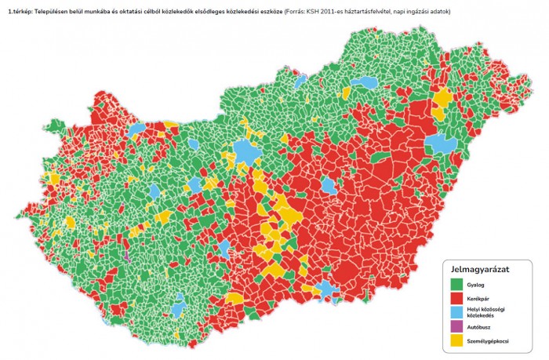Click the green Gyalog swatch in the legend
pyautogui.click(x=455, y=284)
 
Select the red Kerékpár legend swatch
pyautogui.click(x=455, y=299)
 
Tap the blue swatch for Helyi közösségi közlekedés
pyautogui.click(x=455, y=313)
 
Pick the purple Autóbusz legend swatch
pyautogui.click(x=455, y=326)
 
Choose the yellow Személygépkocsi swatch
pyautogui.click(x=455, y=340)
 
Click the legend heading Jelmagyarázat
pyautogui.click(x=481, y=269)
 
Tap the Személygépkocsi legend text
pyautogui.click(x=489, y=340)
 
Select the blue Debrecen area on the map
pyautogui.click(x=442, y=144)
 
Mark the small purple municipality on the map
pyautogui.click(x=125, y=255)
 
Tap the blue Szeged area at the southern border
pyautogui.click(x=327, y=292)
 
